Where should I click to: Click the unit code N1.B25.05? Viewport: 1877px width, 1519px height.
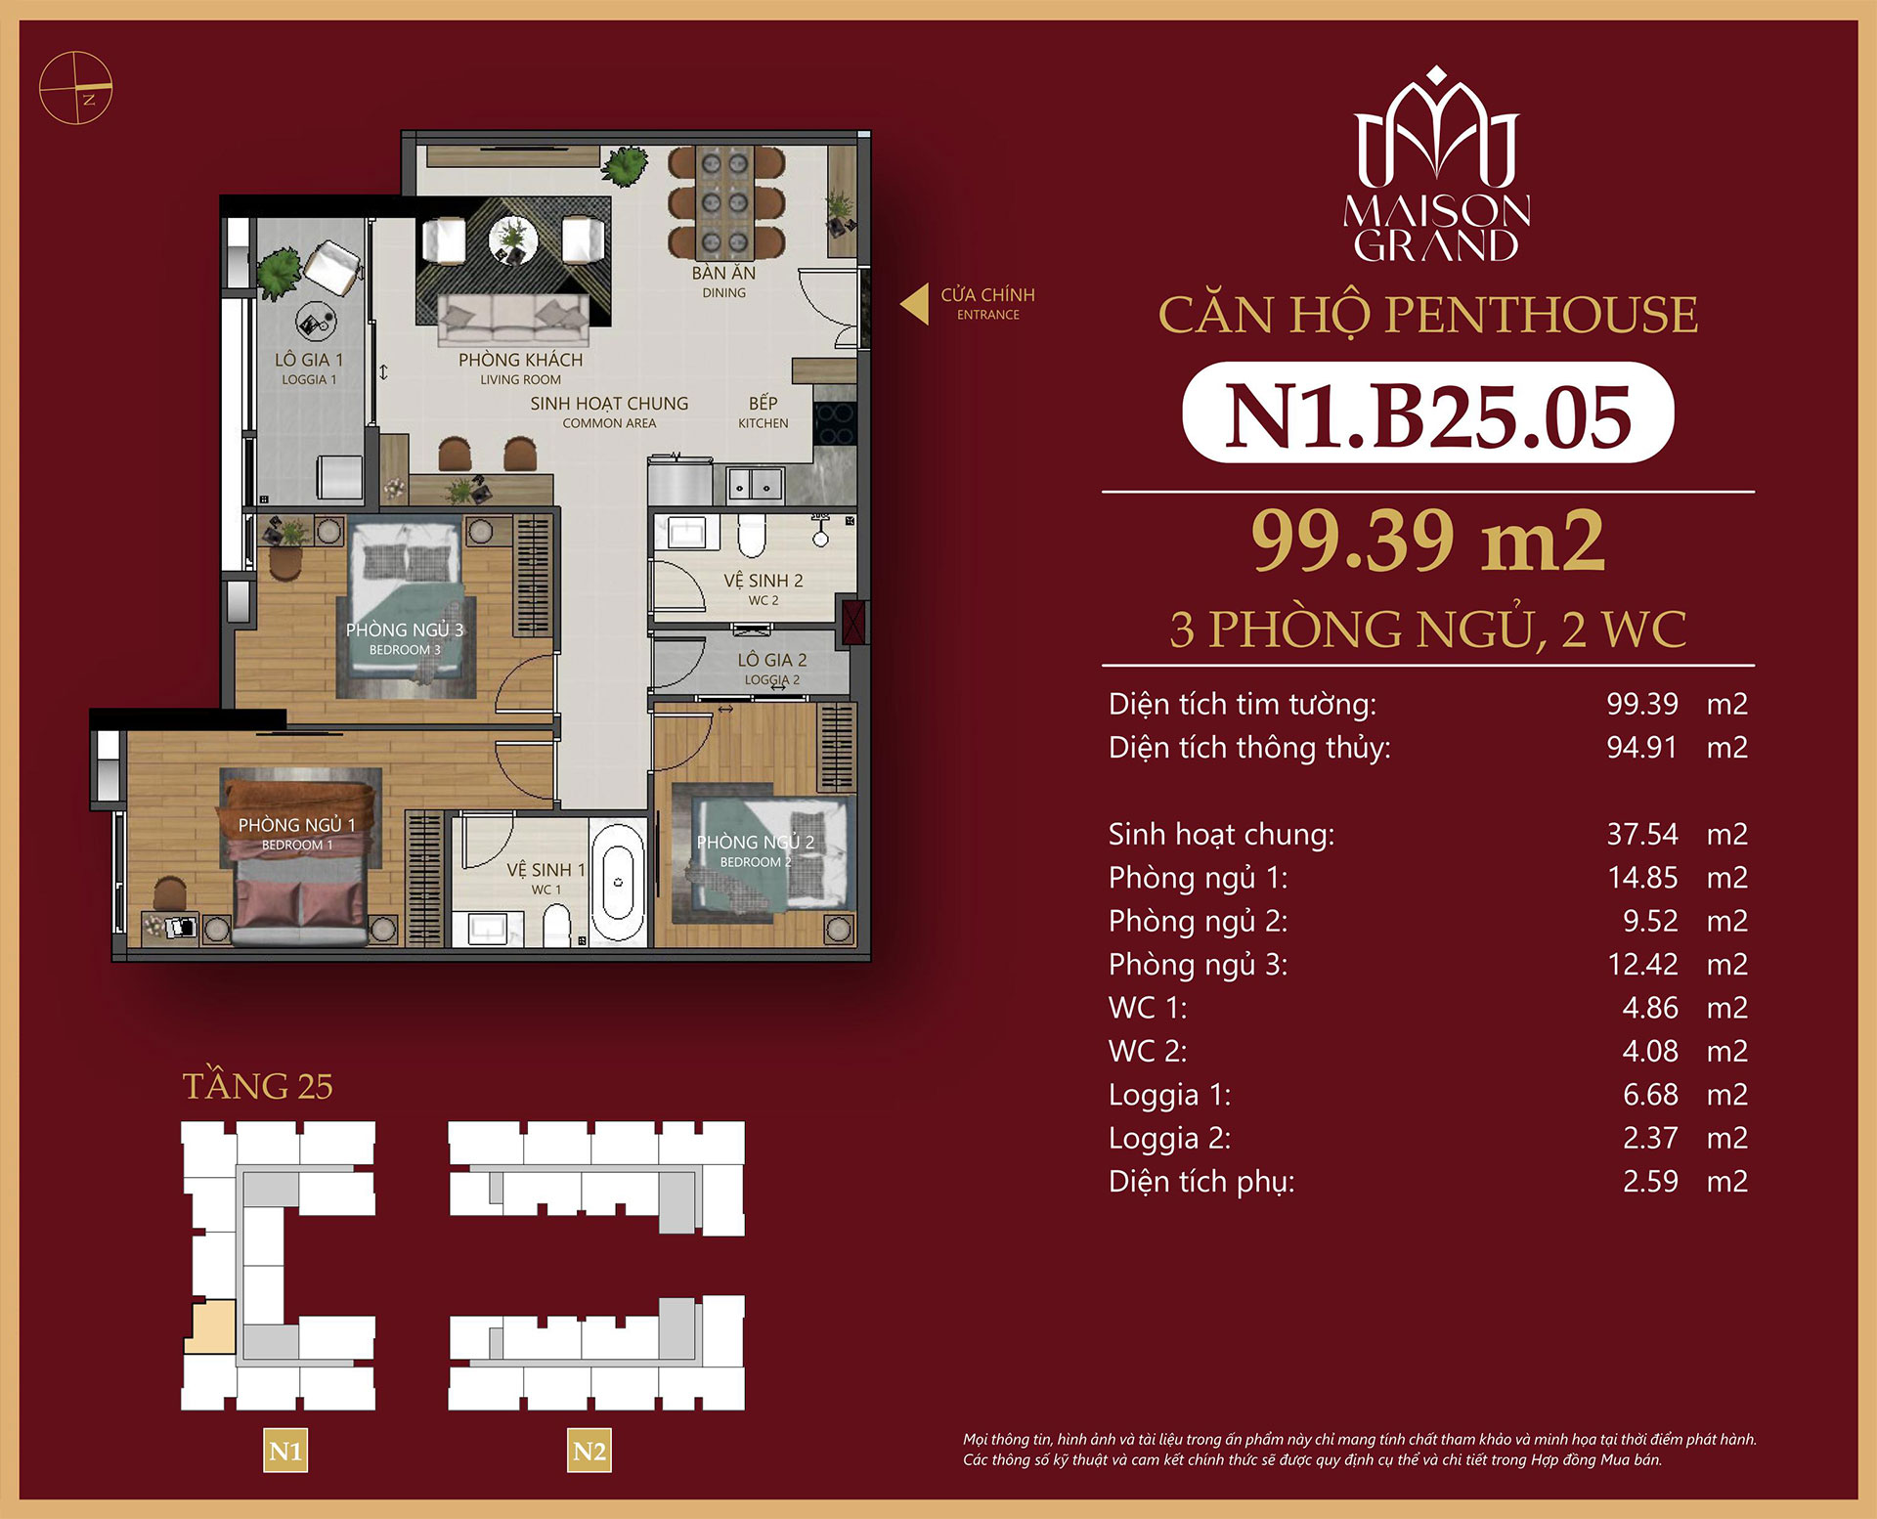[x=1427, y=414]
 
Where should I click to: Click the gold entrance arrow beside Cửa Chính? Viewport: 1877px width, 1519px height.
[x=915, y=304]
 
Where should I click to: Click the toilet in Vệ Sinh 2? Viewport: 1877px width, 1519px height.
[x=751, y=535]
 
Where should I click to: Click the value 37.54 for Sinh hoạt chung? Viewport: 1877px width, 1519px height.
[x=1641, y=834]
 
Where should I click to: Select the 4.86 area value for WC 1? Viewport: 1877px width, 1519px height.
[x=1649, y=1008]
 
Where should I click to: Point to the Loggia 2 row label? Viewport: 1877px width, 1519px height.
[x=1169, y=1138]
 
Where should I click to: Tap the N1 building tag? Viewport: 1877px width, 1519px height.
[x=285, y=1451]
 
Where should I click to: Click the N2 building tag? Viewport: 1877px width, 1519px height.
[x=589, y=1451]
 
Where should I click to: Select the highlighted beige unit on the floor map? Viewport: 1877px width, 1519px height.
[x=212, y=1327]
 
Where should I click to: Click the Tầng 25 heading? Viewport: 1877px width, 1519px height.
[x=258, y=1086]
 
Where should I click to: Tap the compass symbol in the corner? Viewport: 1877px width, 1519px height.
[x=75, y=88]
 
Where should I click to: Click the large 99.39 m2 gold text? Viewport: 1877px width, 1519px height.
[x=1427, y=541]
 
